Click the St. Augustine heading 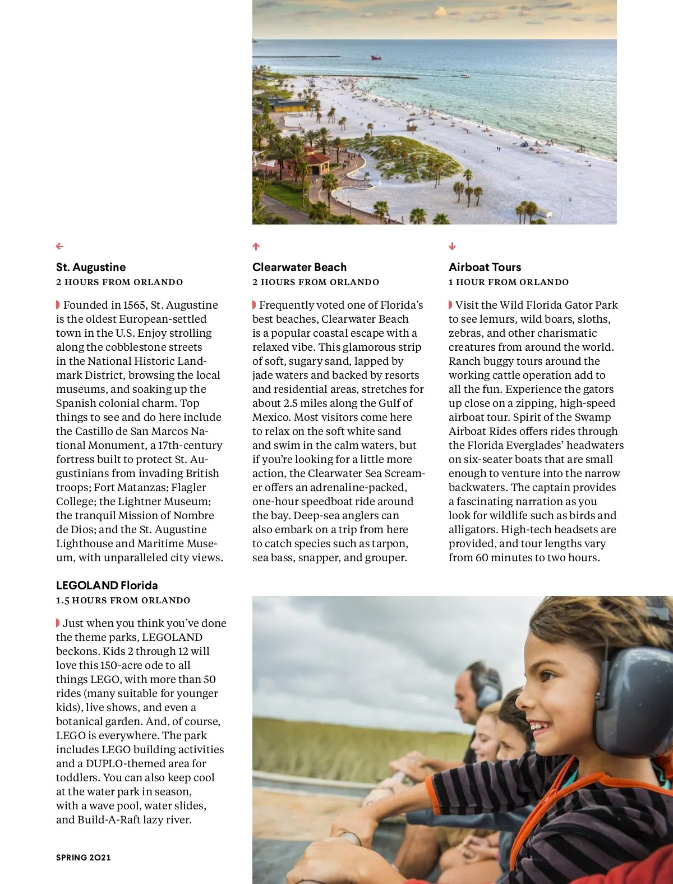pos(91,267)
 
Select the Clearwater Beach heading pos(299,267)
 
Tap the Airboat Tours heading pos(485,267)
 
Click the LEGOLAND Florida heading pos(107,585)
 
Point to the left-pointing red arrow pos(60,246)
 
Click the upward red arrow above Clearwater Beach pos(256,246)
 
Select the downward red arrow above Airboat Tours pos(453,246)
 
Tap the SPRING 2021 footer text pos(84,858)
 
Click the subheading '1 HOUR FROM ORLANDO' pos(509,282)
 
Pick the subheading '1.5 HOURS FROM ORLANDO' pos(123,601)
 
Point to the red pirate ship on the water pos(376,57)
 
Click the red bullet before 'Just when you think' pos(58,623)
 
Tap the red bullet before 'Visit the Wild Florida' pos(450,305)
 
